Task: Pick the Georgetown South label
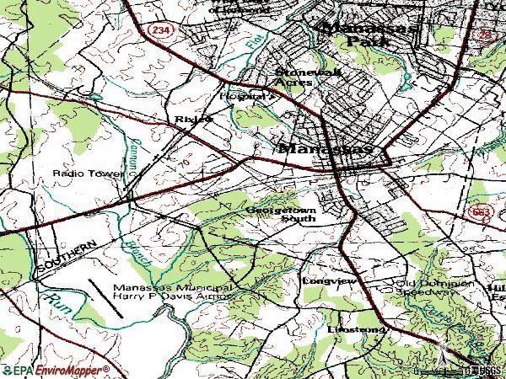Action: click(282, 213)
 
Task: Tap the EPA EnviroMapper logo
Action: click(56, 370)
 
